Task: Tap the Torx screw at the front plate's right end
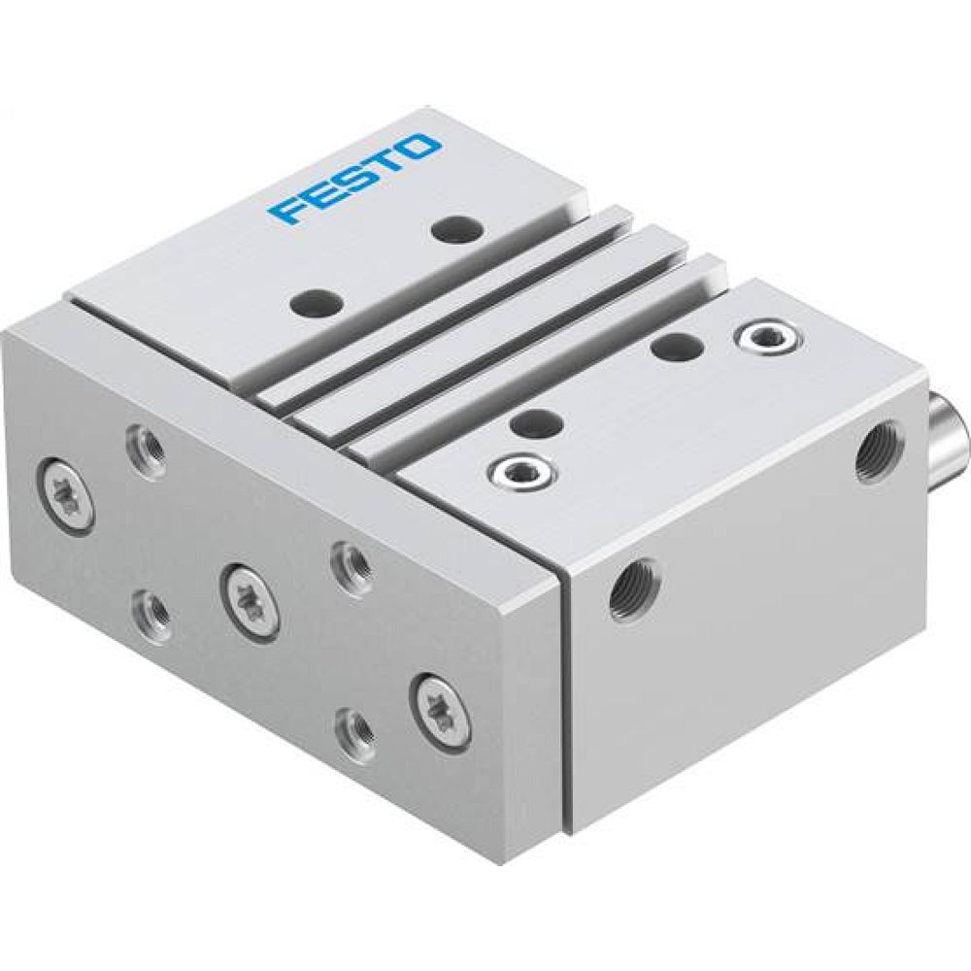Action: pos(442,711)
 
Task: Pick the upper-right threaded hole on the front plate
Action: pos(348,562)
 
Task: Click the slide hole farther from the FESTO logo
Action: pos(318,301)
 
